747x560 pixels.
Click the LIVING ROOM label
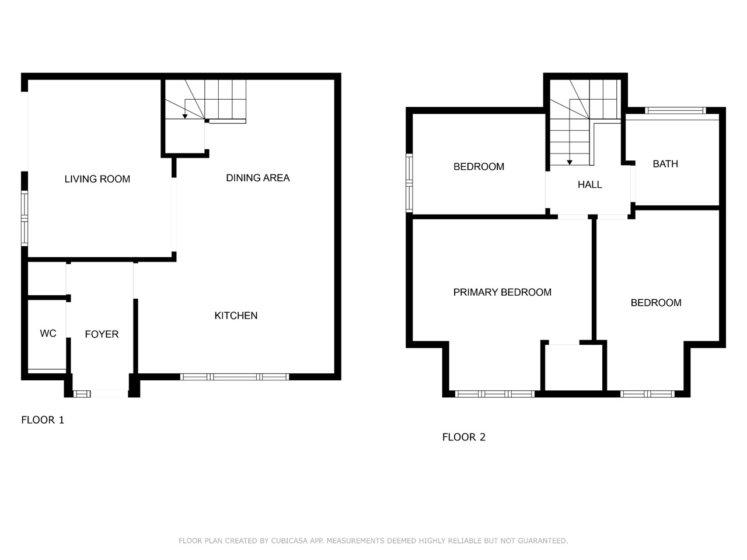tap(97, 179)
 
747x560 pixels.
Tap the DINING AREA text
tap(258, 177)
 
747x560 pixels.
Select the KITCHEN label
tap(236, 316)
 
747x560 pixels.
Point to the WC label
tap(48, 333)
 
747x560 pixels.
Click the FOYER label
tap(102, 334)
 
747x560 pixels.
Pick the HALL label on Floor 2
tap(590, 185)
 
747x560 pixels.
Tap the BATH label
tap(665, 164)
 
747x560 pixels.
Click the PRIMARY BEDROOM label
tap(502, 292)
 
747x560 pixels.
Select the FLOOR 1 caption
tap(43, 420)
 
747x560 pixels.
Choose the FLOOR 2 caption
tap(464, 437)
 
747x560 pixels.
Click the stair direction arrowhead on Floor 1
tap(185, 116)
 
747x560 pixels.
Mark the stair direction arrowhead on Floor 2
tap(570, 163)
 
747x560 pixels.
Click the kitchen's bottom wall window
tap(235, 377)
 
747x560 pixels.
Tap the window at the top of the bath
tap(675, 110)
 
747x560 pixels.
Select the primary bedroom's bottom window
tap(495, 394)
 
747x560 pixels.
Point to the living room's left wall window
tap(25, 218)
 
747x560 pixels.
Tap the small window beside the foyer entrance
tap(82, 394)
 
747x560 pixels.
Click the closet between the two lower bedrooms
tap(574, 367)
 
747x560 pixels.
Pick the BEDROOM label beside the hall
tap(479, 167)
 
